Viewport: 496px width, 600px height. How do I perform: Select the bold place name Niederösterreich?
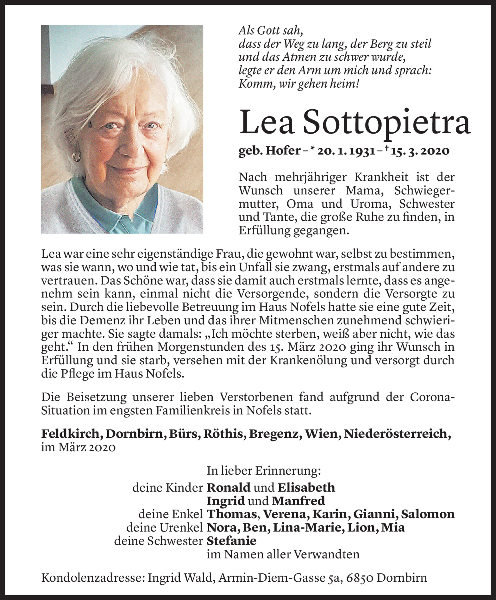[397, 434]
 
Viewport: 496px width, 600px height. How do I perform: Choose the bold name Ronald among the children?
[228, 487]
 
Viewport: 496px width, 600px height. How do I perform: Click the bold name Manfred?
[298, 501]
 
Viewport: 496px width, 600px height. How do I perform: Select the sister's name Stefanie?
[231, 541]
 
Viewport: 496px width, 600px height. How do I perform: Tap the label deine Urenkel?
[164, 528]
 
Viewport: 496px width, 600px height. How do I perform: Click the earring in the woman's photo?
[77, 156]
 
